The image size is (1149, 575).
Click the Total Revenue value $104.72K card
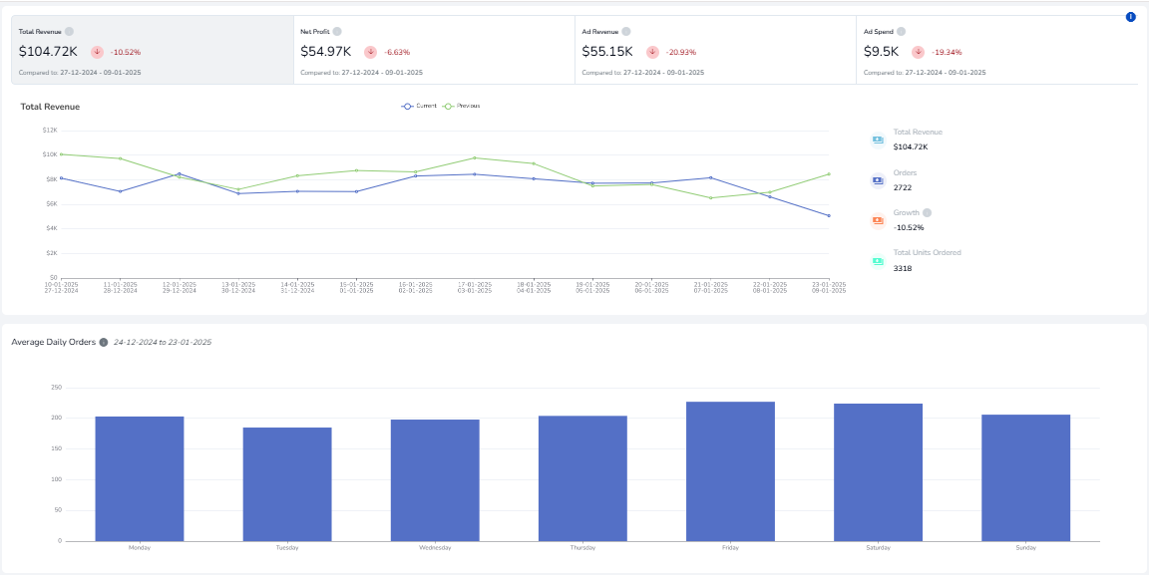pyautogui.click(x=48, y=52)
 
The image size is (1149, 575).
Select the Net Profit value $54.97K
pyautogui.click(x=326, y=52)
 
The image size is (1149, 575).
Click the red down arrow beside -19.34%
pyautogui.click(x=917, y=52)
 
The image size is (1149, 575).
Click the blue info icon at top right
pyautogui.click(x=1130, y=17)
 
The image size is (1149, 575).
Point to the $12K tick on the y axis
pyautogui.click(x=49, y=131)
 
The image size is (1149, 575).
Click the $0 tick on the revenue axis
pyautogui.click(x=53, y=278)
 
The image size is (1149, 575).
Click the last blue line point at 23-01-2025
pyautogui.click(x=828, y=215)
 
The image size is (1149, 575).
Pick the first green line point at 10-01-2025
pyautogui.click(x=61, y=154)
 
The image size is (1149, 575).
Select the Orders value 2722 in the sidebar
pyautogui.click(x=903, y=187)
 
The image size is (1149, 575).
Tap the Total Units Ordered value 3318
pyautogui.click(x=903, y=268)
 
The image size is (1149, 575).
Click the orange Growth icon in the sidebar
pyautogui.click(x=878, y=220)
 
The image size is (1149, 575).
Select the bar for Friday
pyautogui.click(x=730, y=470)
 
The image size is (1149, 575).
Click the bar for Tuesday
pyautogui.click(x=287, y=483)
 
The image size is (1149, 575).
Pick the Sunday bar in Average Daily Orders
pyautogui.click(x=1025, y=477)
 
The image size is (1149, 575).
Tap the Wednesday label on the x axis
pyautogui.click(x=435, y=548)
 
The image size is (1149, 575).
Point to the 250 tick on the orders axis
pyautogui.click(x=56, y=388)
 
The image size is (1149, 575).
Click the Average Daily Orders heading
pyautogui.click(x=53, y=342)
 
